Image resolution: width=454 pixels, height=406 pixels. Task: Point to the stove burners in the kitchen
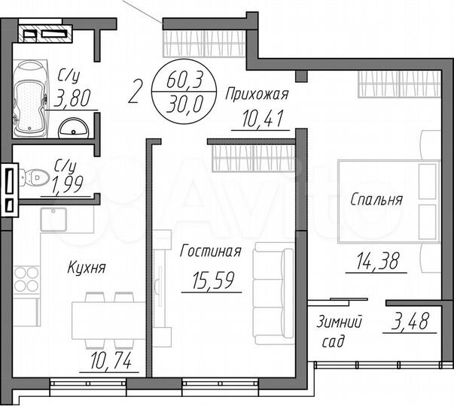[x=27, y=279]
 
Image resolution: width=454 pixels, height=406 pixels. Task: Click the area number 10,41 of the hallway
[x=261, y=118]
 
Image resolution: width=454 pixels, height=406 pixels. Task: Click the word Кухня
[x=86, y=266]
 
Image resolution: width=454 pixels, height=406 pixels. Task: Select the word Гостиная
[x=210, y=252]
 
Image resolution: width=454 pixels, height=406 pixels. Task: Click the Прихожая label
[x=258, y=93]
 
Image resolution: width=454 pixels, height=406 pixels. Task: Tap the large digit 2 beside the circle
[x=136, y=92]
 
